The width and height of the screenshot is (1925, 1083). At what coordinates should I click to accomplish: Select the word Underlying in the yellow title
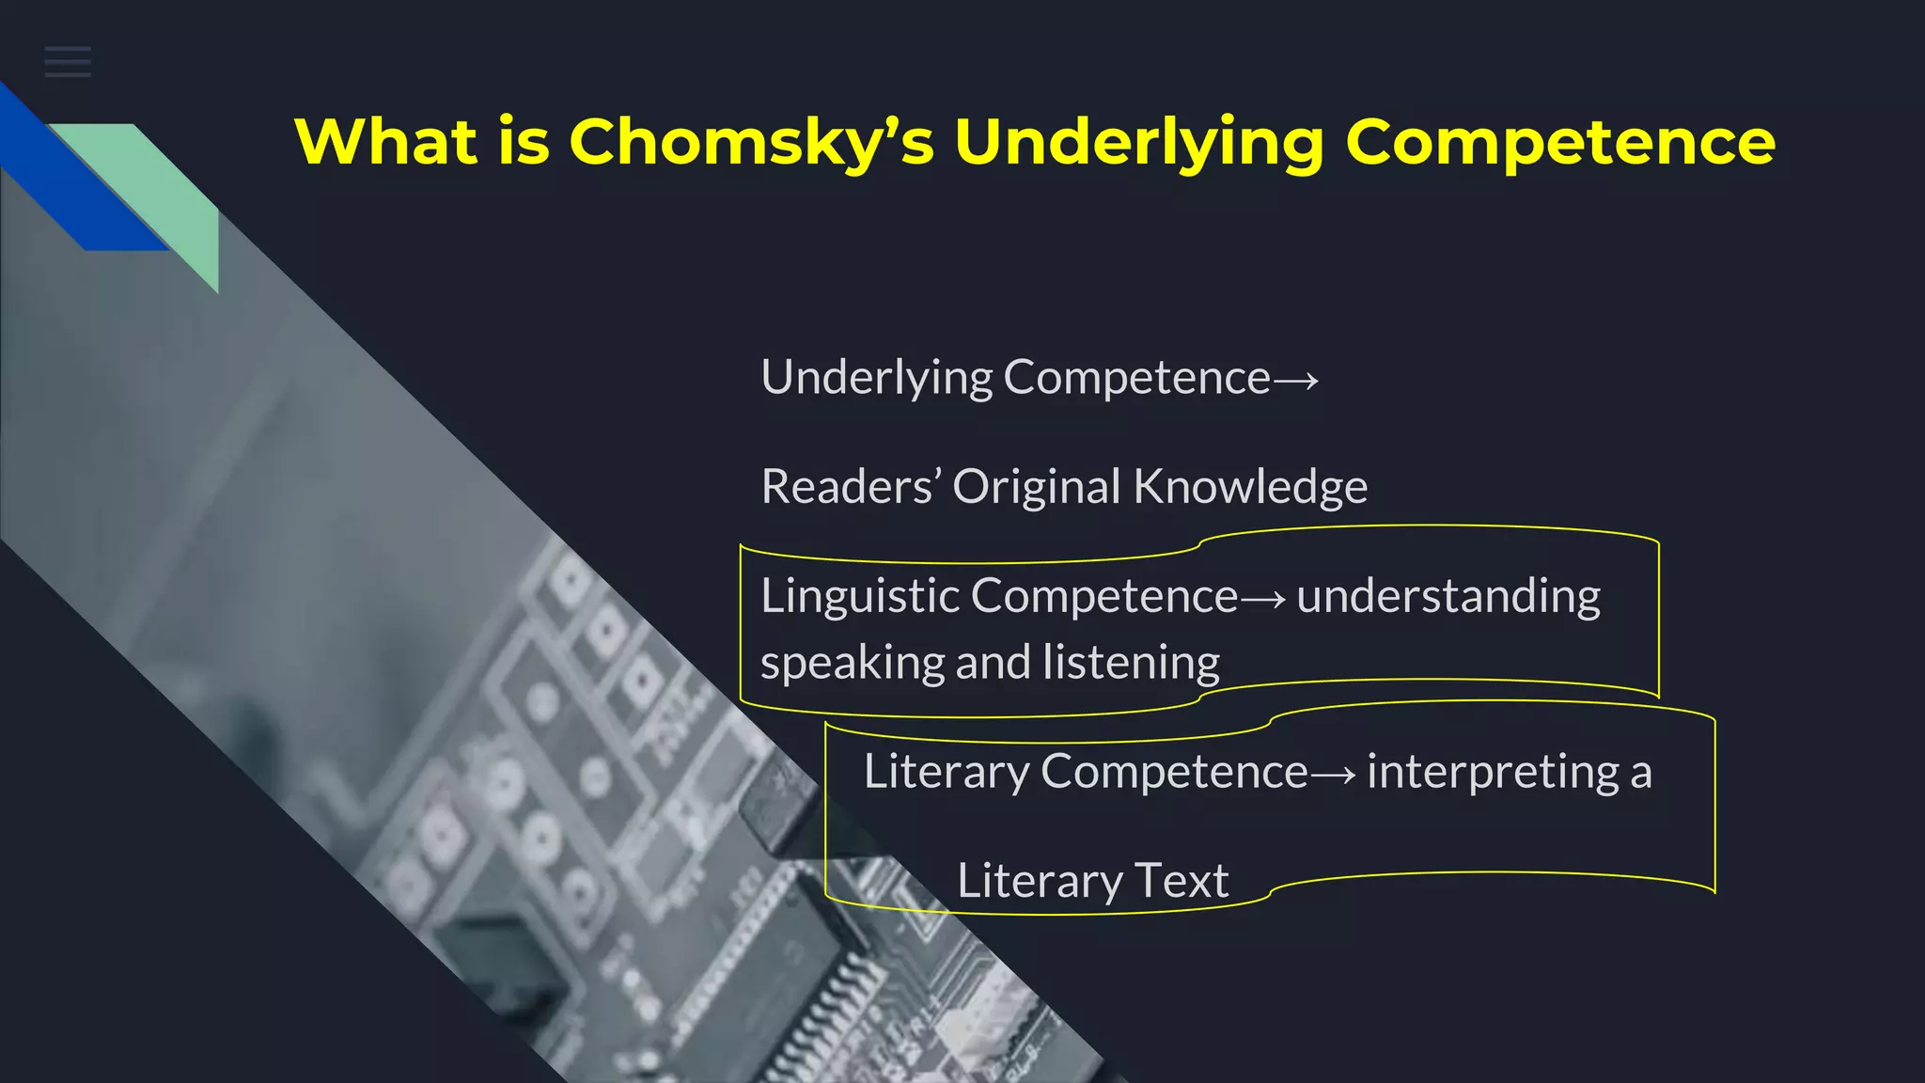point(1139,143)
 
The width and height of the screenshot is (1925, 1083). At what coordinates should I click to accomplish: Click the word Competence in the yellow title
point(1560,143)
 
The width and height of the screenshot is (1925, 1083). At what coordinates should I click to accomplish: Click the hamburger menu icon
point(68,62)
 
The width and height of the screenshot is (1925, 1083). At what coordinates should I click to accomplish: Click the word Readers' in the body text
point(851,487)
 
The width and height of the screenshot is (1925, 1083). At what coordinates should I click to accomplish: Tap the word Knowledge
point(1250,487)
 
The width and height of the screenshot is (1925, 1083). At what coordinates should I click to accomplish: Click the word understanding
point(1448,596)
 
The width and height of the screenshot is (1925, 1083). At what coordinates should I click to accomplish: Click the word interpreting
point(1494,773)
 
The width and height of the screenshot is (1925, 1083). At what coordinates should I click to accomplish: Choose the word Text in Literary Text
point(1182,881)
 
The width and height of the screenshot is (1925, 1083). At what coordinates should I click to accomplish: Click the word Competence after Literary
point(1174,772)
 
